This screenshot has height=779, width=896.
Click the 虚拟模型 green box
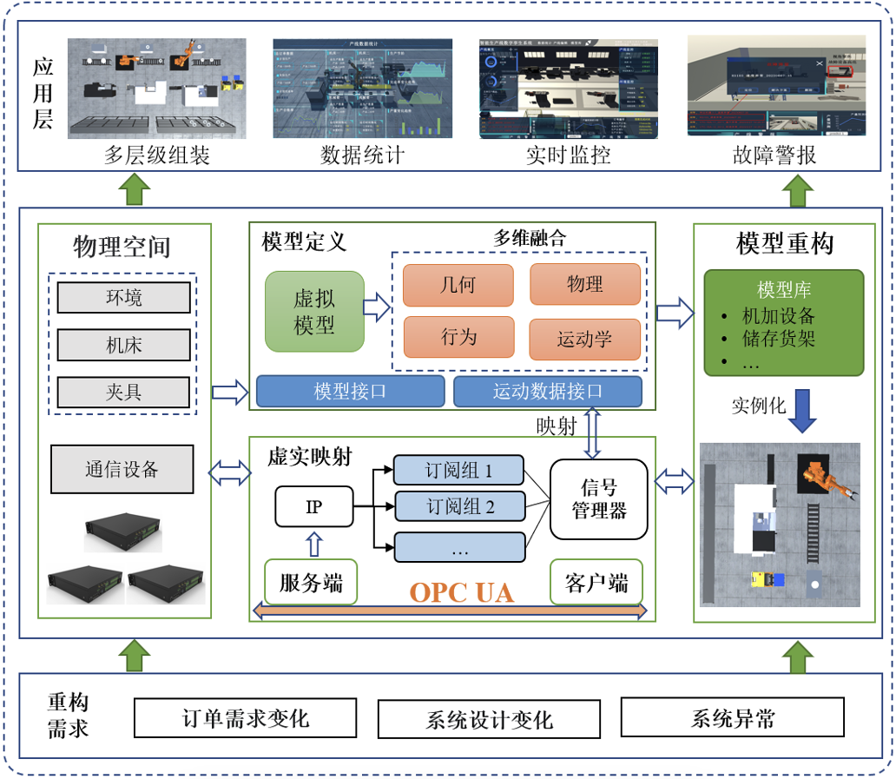314,311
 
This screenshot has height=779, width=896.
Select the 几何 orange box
458,284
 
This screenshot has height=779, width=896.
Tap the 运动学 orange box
584,339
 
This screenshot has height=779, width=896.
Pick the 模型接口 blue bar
350,392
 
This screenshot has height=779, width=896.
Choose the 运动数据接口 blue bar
547,392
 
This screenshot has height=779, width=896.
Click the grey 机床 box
123,346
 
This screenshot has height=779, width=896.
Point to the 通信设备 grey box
122,470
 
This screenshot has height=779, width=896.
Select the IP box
314,505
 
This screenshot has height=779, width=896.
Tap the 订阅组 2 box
459,506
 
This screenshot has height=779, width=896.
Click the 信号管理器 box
599,499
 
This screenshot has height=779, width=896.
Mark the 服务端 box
311,583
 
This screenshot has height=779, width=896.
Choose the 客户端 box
596,583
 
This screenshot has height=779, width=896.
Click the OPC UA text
461,592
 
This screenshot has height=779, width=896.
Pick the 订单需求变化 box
246,718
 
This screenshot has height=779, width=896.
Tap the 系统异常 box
733,718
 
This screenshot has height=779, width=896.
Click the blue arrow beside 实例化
804,409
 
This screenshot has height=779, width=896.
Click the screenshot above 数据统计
361,88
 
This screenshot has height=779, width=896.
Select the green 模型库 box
783,322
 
